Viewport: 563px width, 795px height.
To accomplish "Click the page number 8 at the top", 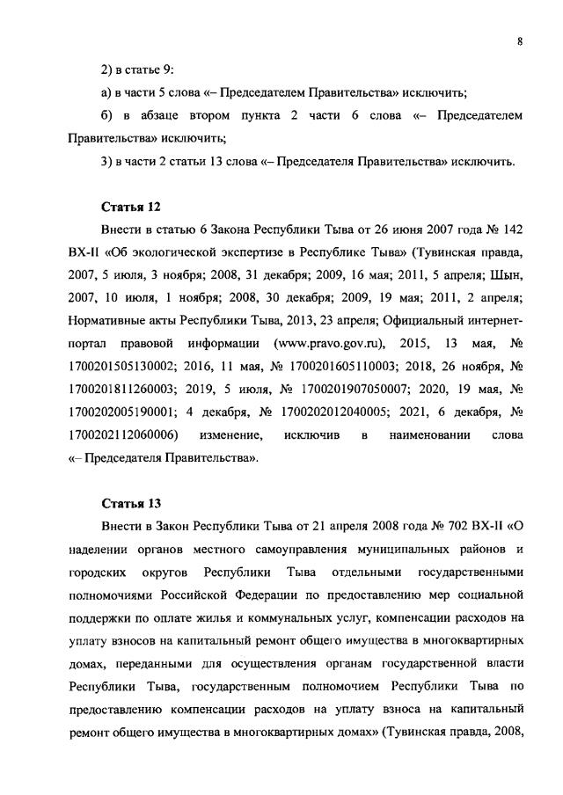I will (x=521, y=41).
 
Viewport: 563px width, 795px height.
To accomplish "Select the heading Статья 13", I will (x=129, y=503).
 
